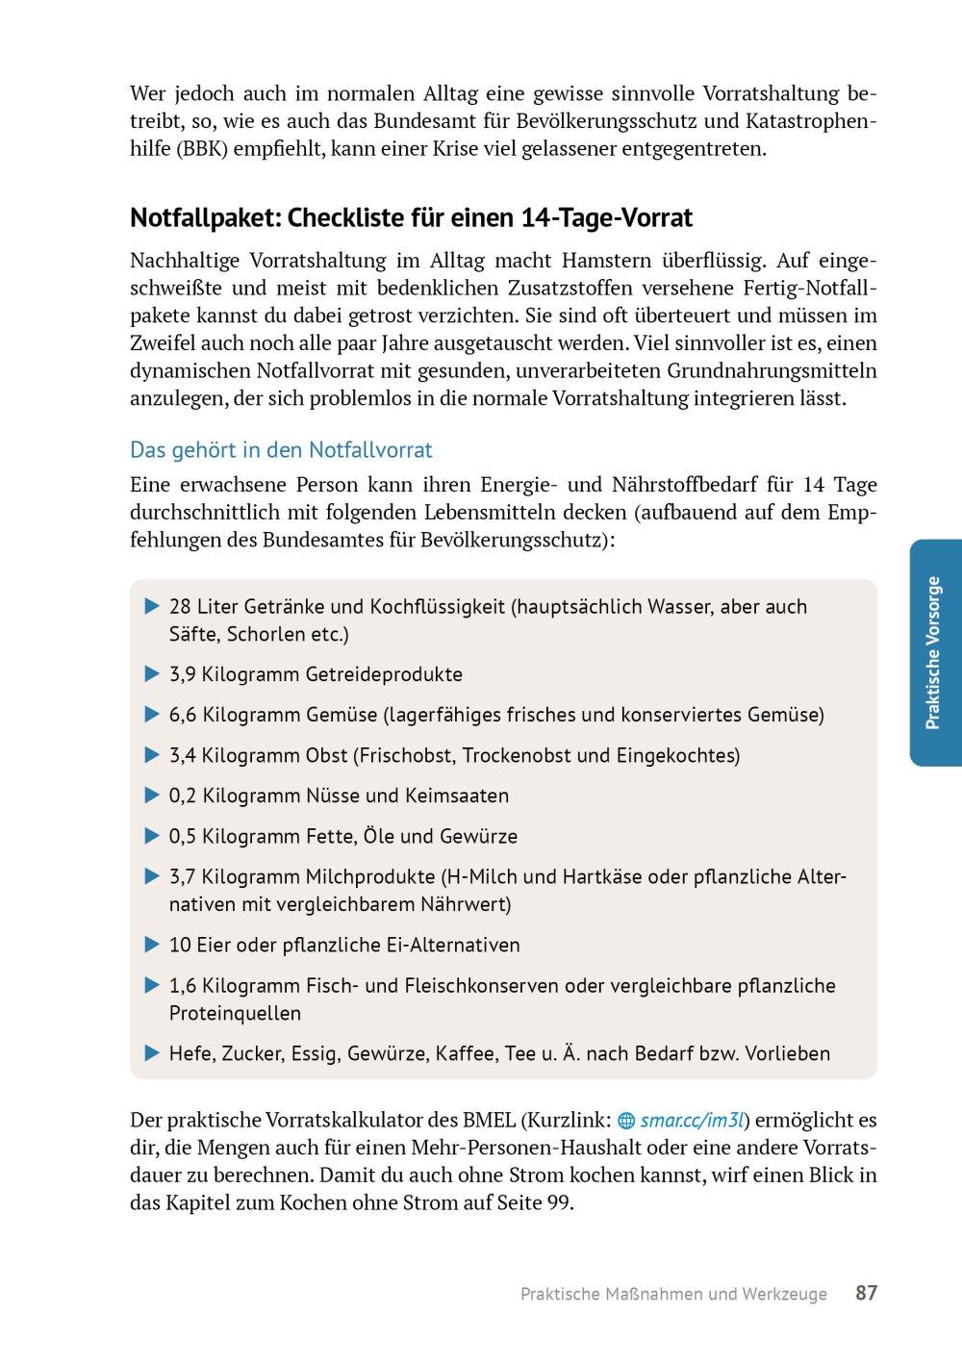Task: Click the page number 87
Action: click(866, 1293)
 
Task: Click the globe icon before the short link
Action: click(626, 1121)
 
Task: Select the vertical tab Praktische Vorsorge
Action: click(932, 652)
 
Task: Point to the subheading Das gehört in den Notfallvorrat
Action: click(281, 449)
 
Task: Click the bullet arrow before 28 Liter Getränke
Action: click(151, 606)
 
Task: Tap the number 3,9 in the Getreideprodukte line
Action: click(182, 674)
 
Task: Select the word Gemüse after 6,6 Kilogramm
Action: click(341, 715)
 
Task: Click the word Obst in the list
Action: click(326, 755)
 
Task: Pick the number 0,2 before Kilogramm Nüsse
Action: click(182, 796)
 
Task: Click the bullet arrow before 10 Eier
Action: click(151, 945)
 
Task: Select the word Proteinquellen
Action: click(235, 1013)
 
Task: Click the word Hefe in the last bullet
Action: click(190, 1053)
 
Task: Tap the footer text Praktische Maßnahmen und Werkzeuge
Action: click(673, 1294)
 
